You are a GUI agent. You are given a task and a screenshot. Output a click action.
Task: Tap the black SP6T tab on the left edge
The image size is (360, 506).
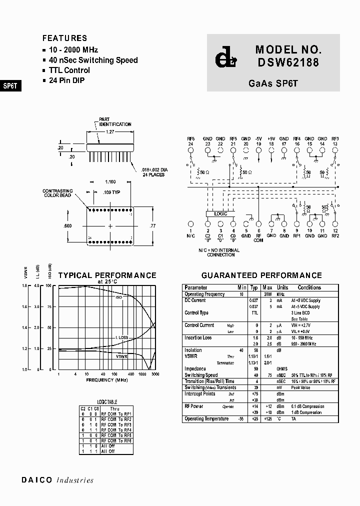[x=10, y=85]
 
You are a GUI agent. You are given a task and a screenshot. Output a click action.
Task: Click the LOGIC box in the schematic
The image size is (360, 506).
[x=220, y=214]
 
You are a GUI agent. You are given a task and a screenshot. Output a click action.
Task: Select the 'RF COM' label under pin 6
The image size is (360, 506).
[x=258, y=238]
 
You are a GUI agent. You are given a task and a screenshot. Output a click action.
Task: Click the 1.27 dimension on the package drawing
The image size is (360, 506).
[x=110, y=132]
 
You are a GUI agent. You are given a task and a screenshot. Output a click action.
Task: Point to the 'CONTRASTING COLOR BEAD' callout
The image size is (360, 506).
[x=57, y=193]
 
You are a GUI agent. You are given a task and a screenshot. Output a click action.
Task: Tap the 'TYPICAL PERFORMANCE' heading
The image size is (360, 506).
[x=107, y=275]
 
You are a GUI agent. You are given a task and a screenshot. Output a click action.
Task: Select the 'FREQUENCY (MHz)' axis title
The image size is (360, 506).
[x=106, y=380]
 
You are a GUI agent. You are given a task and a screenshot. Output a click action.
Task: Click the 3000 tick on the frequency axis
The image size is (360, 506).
[x=155, y=374]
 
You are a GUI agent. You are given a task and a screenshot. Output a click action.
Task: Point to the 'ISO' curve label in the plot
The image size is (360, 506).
[x=119, y=297]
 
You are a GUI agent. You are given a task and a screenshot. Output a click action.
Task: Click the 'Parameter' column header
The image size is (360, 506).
[x=195, y=287]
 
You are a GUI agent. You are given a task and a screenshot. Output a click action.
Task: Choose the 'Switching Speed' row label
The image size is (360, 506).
[x=201, y=375]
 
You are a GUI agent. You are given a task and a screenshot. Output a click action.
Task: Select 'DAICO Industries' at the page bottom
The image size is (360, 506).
[x=57, y=480]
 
